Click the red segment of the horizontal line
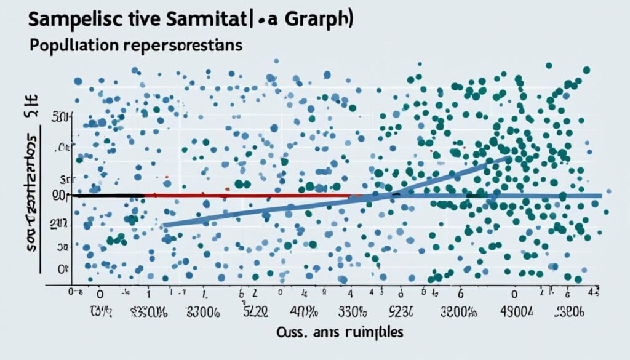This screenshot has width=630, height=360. [246, 196]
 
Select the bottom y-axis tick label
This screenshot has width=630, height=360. [62, 268]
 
